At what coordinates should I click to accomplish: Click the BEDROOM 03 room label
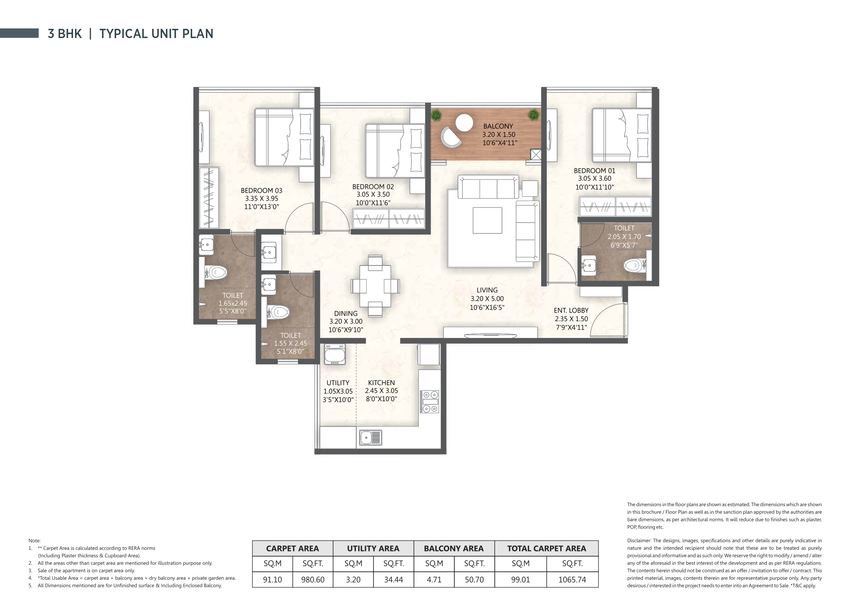261,191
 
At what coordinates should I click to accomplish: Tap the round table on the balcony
464,123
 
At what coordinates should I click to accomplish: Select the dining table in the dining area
375,286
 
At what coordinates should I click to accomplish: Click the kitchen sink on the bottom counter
370,437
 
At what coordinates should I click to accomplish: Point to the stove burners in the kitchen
430,401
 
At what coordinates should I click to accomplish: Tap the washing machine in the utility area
335,354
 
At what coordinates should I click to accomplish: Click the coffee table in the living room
487,220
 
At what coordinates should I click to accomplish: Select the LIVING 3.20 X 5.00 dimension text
487,299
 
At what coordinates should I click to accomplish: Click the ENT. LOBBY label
571,310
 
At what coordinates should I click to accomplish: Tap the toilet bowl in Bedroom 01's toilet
634,265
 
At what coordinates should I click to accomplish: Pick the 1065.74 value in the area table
572,579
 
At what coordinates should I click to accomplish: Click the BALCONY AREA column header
454,549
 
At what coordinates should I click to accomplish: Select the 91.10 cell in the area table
272,579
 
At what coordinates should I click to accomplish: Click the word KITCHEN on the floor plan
381,383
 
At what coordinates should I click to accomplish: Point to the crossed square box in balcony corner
535,155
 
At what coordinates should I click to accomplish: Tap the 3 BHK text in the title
64,34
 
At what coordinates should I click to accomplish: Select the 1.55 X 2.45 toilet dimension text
290,344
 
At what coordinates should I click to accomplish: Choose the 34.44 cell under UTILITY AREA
393,579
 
